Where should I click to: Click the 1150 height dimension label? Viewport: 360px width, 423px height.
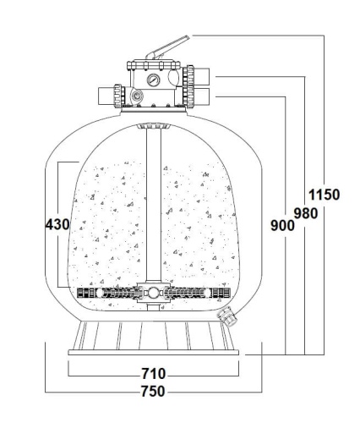(x=325, y=195)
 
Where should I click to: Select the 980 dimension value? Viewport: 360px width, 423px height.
(x=306, y=213)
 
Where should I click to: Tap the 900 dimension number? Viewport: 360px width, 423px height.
(x=282, y=225)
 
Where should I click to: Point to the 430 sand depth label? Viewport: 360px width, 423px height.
(x=57, y=224)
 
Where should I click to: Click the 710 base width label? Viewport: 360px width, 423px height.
(x=154, y=374)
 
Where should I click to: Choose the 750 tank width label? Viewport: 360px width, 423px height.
(x=153, y=391)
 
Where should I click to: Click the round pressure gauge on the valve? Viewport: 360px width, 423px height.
(x=153, y=80)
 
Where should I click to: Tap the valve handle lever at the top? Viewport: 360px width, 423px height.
(x=167, y=47)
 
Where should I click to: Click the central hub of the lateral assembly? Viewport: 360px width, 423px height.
(x=154, y=294)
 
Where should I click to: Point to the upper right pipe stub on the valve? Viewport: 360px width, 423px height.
(x=201, y=77)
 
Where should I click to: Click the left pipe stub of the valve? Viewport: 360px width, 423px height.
(x=106, y=96)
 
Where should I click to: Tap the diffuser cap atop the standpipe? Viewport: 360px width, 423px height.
(x=154, y=126)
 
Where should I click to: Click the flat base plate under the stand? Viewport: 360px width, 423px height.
(x=154, y=352)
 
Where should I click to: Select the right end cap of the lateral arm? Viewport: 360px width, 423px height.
(x=222, y=294)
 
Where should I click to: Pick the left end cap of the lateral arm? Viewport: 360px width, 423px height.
(x=85, y=294)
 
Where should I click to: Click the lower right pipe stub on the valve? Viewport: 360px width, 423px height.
(x=201, y=96)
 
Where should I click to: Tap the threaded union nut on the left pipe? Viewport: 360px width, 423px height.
(x=119, y=96)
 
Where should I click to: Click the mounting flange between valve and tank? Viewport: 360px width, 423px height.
(x=154, y=109)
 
